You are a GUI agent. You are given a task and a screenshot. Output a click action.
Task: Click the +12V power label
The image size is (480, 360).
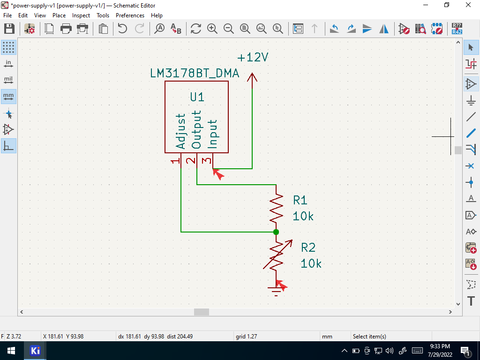[253, 57]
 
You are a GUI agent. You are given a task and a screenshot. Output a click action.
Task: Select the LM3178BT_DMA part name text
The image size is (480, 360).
[195, 74]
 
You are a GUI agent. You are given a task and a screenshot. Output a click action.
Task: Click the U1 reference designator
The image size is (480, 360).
[197, 97]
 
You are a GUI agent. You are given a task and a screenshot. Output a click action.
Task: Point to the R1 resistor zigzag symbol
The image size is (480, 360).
[276, 208]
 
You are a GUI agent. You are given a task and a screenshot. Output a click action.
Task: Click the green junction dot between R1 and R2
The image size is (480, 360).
[276, 232]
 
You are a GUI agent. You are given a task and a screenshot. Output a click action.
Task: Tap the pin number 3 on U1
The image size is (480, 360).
[207, 160]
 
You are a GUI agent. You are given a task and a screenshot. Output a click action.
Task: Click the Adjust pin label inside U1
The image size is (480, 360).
[180, 131]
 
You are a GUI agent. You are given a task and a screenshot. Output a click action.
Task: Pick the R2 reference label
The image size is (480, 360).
[308, 247]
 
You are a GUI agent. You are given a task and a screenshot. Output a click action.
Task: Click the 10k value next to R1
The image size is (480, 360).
[303, 216]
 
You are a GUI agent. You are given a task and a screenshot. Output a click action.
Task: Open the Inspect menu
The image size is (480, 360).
[81, 15]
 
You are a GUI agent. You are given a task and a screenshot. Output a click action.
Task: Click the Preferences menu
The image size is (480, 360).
[130, 15]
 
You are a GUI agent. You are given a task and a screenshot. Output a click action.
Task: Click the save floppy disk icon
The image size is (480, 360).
[9, 29]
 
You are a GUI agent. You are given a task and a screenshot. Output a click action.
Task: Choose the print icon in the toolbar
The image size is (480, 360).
[66, 29]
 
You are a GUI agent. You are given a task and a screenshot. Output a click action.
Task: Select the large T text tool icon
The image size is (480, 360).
[471, 301]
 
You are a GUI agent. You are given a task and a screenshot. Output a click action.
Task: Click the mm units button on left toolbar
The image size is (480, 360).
[8, 97]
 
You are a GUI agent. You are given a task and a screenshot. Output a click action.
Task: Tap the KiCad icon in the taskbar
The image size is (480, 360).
[35, 351]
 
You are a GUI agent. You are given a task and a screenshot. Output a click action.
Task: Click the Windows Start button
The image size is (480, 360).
[11, 351]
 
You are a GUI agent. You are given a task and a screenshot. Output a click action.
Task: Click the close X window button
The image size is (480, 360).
[468, 5]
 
